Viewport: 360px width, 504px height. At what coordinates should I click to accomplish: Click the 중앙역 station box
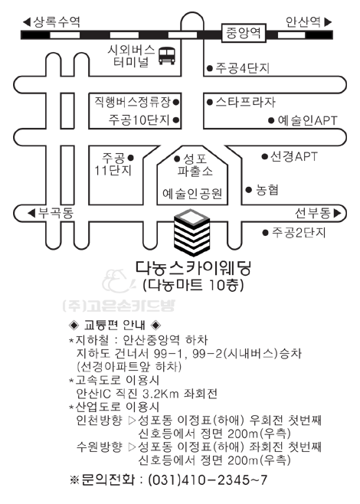click(244, 33)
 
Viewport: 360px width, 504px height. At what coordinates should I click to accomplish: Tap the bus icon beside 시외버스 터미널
click(167, 56)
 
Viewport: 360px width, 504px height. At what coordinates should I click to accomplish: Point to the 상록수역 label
click(57, 22)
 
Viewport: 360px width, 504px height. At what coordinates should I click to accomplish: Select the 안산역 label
click(303, 22)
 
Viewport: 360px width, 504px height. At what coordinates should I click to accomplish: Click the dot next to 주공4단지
click(210, 68)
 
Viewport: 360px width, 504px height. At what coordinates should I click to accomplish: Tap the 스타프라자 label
click(246, 102)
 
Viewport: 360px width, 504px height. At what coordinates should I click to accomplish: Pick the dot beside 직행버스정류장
click(176, 102)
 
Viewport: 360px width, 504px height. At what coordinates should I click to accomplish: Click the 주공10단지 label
click(139, 119)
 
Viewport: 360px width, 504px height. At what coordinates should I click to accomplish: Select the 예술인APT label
click(307, 120)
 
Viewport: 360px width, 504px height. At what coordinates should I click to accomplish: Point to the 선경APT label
click(294, 156)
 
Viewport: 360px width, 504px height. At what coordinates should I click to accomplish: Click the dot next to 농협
click(248, 190)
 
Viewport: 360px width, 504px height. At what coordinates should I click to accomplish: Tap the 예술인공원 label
click(192, 194)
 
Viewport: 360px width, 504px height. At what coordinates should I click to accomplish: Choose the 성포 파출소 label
click(195, 165)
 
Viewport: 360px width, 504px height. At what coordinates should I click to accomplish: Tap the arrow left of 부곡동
click(31, 213)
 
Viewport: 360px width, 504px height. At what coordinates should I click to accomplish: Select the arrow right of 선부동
click(337, 213)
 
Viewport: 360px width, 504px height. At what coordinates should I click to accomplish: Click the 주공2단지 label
click(299, 232)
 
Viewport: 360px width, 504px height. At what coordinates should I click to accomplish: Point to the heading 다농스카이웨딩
click(193, 268)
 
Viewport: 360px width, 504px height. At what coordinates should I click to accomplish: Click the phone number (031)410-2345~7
click(208, 480)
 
